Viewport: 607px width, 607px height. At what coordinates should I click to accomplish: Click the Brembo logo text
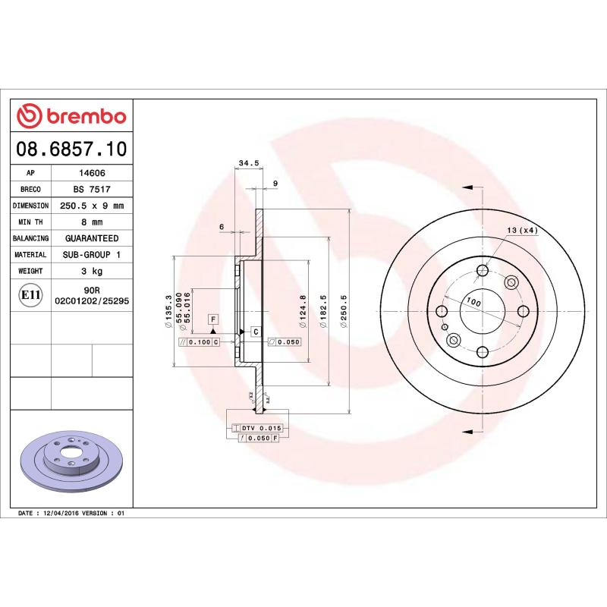click(x=83, y=116)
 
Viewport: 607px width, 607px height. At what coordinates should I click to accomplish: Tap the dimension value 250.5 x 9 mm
click(x=92, y=206)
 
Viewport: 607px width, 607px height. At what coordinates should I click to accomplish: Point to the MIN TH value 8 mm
click(x=92, y=222)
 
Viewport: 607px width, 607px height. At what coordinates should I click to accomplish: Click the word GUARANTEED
click(x=92, y=238)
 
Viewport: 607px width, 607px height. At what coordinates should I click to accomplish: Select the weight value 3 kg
click(x=92, y=271)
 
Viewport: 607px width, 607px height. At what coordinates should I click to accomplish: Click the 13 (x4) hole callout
click(x=522, y=230)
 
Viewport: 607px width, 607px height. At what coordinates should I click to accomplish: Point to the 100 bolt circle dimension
click(x=473, y=302)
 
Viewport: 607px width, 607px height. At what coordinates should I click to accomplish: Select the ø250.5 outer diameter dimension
click(x=344, y=312)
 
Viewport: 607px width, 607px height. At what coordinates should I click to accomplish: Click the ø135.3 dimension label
click(x=168, y=312)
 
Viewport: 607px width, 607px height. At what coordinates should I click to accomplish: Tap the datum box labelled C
click(x=256, y=332)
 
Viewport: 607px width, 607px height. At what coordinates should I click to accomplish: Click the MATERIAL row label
click(x=31, y=255)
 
